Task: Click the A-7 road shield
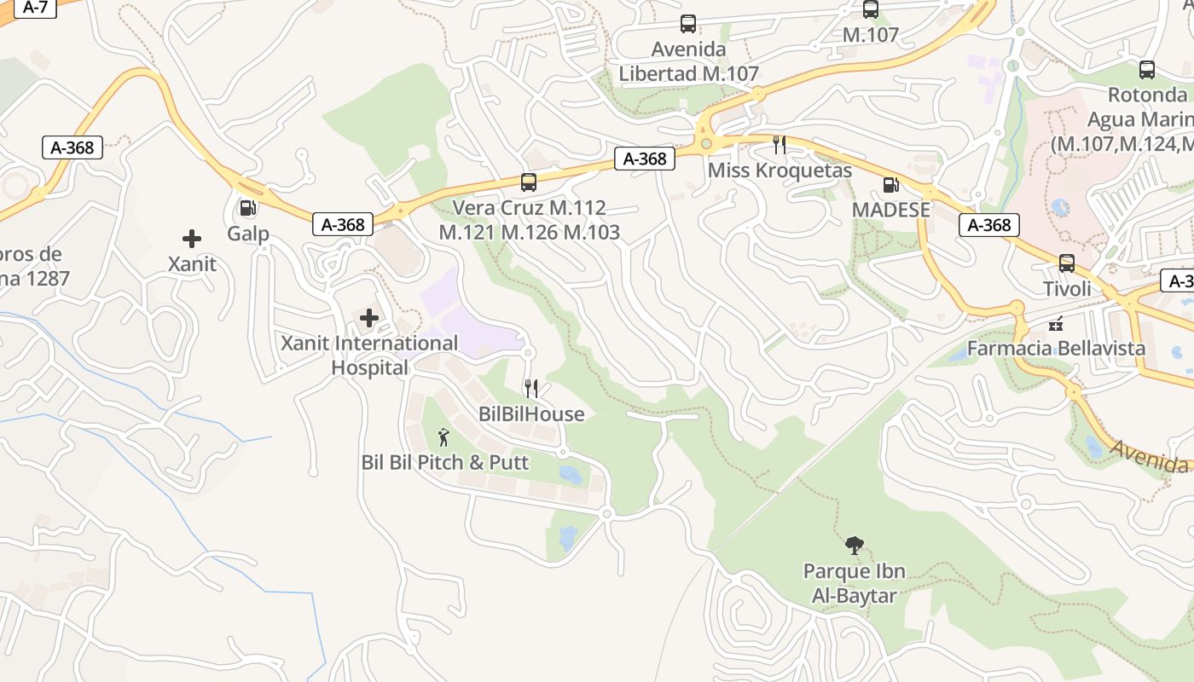tap(35, 7)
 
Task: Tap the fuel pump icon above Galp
tap(247, 207)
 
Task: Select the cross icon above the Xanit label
tap(192, 239)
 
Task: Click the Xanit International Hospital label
tap(369, 355)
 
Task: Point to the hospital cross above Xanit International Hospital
tap(369, 318)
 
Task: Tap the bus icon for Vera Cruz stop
tap(529, 182)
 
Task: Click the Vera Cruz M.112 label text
tap(529, 207)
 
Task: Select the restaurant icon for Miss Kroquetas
tap(780, 144)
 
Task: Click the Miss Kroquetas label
tap(780, 170)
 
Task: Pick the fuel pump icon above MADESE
tap(890, 183)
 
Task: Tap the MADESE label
tap(890, 210)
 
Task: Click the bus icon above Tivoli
tap(1067, 263)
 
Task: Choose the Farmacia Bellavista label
tap(1056, 349)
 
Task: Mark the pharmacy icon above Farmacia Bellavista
tap(1056, 323)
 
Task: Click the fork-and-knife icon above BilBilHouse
tap(531, 389)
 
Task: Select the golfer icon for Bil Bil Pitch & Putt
tap(443, 437)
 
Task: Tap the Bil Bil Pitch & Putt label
tap(445, 463)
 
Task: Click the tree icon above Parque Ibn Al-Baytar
tap(854, 546)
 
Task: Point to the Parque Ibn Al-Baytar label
tap(854, 582)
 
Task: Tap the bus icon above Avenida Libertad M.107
tap(688, 24)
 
